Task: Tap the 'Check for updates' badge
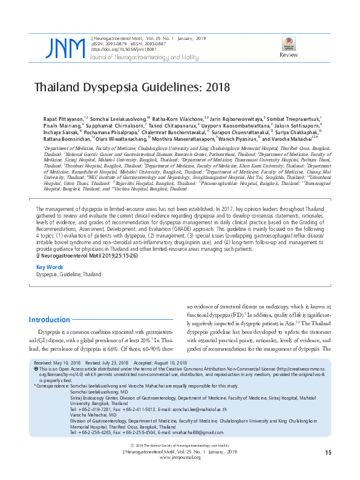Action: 288,43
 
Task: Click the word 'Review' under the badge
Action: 288,56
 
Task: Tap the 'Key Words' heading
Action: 50,267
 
